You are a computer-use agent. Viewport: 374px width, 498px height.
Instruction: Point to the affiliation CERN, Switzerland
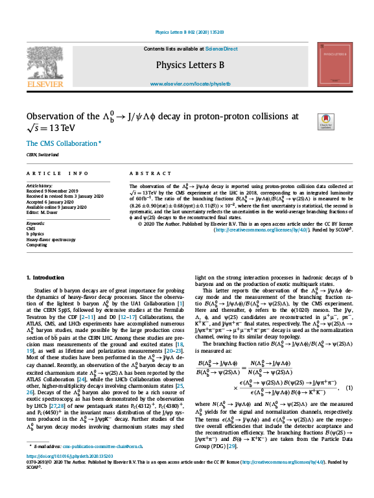(42, 155)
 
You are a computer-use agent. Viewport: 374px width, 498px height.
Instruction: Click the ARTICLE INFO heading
(58, 174)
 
